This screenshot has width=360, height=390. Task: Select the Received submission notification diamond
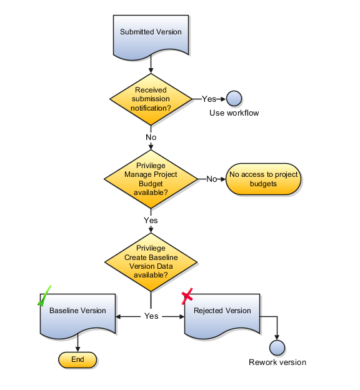tap(151, 99)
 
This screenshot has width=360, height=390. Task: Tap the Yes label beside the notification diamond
tap(209, 99)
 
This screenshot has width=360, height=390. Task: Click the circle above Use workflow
tap(234, 99)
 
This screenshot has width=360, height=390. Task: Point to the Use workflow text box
tap(234, 113)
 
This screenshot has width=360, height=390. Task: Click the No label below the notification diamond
tap(151, 137)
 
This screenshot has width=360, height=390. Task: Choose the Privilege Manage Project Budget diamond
tap(151, 179)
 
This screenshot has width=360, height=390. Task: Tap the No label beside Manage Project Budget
tap(212, 179)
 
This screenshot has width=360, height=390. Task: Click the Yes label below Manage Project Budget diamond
tap(151, 221)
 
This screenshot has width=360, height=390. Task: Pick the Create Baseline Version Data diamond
tap(151, 261)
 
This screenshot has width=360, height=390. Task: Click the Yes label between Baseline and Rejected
tap(151, 316)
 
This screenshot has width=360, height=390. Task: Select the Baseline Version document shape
tap(77, 316)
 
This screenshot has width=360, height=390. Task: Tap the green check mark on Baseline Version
tap(44, 296)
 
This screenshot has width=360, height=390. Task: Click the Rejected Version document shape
tap(222, 316)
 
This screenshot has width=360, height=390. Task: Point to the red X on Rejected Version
tap(187, 297)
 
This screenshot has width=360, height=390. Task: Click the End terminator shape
tap(77, 359)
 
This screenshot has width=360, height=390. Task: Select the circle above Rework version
tap(277, 347)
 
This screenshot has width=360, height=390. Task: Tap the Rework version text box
tap(277, 362)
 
